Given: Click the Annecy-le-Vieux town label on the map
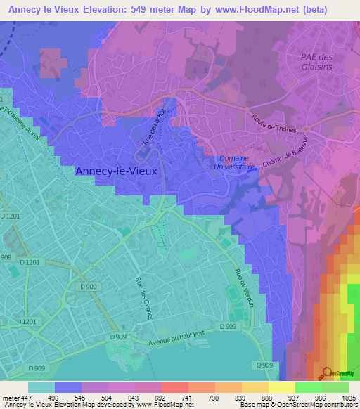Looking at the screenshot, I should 116,170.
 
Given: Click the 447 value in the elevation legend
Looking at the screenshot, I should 27,397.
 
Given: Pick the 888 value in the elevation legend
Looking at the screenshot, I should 257,397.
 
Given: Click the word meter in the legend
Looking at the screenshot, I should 10,397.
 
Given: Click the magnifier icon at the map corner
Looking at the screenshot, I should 327,373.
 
